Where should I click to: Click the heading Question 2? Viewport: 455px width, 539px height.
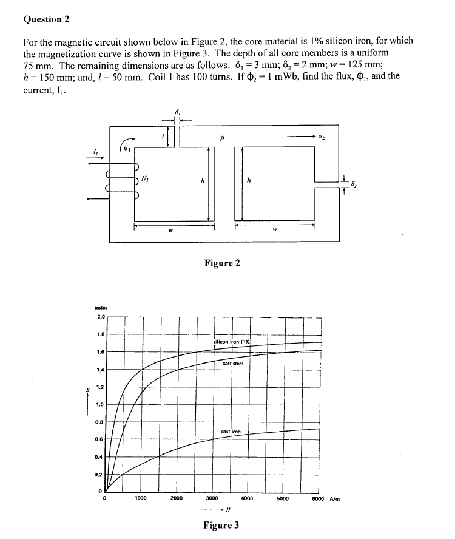[47, 19]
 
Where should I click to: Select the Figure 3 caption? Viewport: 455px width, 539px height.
[221, 525]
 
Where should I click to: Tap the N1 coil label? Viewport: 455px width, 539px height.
[145, 178]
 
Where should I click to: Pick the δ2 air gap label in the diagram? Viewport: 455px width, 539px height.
[356, 180]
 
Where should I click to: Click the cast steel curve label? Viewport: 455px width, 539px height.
[232, 363]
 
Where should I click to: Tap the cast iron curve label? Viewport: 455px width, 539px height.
[231, 431]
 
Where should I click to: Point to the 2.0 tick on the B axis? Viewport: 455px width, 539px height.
[100, 316]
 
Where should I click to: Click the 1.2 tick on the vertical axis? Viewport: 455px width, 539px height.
[100, 387]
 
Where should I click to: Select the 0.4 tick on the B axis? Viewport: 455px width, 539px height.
[100, 457]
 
